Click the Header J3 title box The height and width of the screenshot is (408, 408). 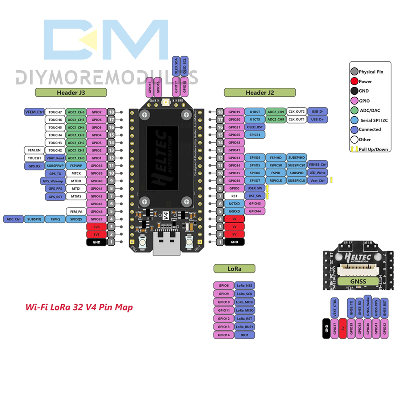(71, 93)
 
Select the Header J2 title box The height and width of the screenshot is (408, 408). (259, 93)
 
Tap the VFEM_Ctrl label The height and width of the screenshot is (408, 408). (34, 111)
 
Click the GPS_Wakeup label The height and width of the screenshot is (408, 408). (52, 181)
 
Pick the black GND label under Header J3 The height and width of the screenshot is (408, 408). (96, 242)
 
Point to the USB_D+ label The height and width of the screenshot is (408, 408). (317, 119)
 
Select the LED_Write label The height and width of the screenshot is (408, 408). (317, 173)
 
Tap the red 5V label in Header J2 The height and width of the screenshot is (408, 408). (234, 234)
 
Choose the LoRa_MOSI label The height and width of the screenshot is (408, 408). (245, 302)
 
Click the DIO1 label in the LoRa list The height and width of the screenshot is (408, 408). (245, 335)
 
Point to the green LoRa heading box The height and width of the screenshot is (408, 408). (235, 268)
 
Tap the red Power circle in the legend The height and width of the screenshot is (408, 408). (354, 82)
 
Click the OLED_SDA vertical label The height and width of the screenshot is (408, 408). (176, 66)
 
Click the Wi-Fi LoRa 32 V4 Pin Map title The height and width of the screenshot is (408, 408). (79, 307)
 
